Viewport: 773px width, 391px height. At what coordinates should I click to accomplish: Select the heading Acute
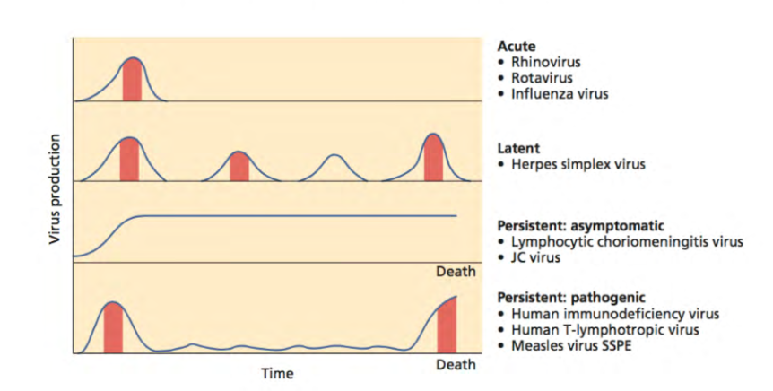(x=516, y=47)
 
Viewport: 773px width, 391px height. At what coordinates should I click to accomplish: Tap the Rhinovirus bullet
(x=545, y=63)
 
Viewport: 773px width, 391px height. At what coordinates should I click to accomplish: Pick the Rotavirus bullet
(x=541, y=78)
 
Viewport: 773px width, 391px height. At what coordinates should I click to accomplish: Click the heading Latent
(x=518, y=148)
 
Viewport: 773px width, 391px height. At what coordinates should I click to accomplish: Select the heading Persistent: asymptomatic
(x=573, y=226)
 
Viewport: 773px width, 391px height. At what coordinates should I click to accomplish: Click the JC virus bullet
(x=535, y=258)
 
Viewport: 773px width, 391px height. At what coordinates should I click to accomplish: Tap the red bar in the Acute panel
(x=133, y=81)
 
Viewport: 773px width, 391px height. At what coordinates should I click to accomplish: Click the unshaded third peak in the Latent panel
(x=334, y=168)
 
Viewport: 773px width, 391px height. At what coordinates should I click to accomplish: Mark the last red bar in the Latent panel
(x=433, y=159)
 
